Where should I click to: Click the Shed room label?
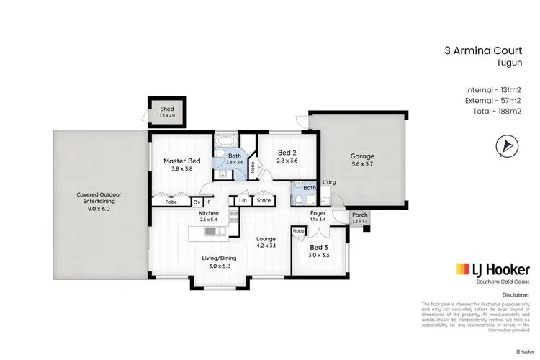pyautogui.click(x=167, y=109)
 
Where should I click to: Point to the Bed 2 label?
pyautogui.click(x=287, y=153)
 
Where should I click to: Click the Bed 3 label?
pyautogui.click(x=318, y=247)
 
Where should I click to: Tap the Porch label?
pyautogui.click(x=358, y=215)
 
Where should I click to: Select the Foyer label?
pyautogui.click(x=318, y=214)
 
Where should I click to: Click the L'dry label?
pyautogui.click(x=329, y=182)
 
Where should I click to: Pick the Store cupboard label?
pyautogui.click(x=264, y=201)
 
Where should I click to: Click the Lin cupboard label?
pyautogui.click(x=243, y=201)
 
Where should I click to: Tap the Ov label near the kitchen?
pyautogui.click(x=197, y=202)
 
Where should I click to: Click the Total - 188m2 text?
pyautogui.click(x=494, y=111)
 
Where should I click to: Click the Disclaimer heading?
pyautogui.click(x=516, y=295)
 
